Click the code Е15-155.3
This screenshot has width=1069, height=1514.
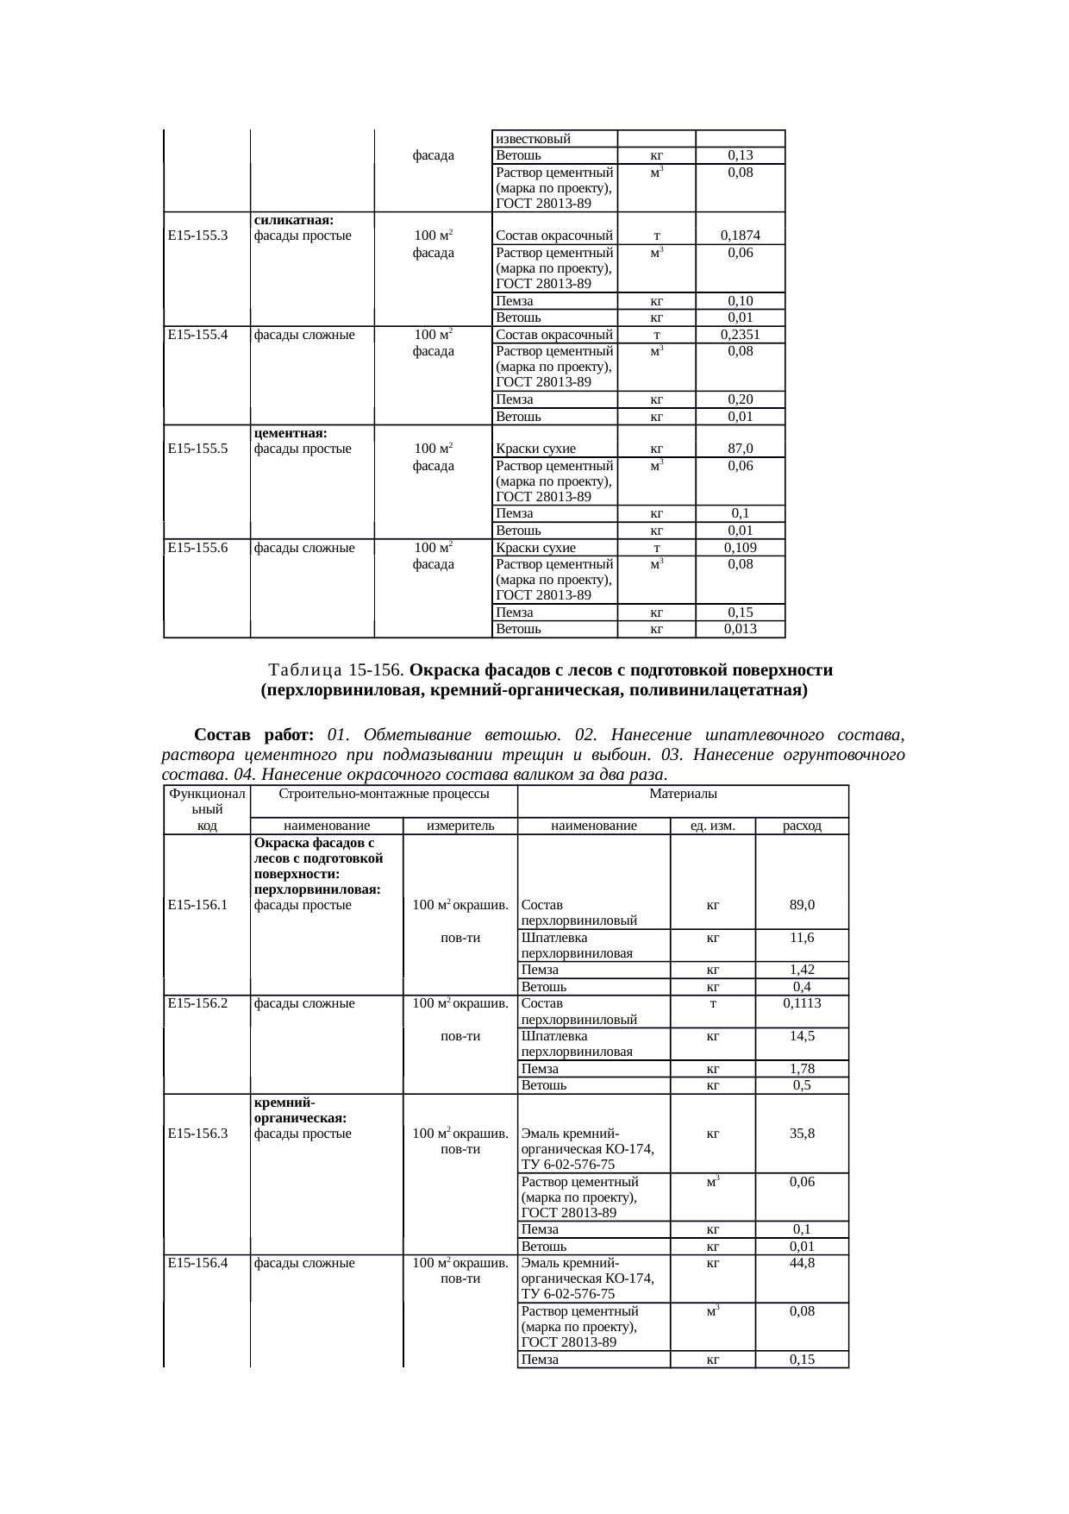coord(197,236)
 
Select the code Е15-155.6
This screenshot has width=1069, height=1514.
coord(197,548)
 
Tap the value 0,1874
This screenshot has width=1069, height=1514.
coord(740,236)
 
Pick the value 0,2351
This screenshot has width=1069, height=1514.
coord(740,335)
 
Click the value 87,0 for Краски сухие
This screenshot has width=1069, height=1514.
coord(740,449)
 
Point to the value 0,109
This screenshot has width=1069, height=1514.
coord(740,548)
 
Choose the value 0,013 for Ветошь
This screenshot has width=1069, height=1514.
coord(740,629)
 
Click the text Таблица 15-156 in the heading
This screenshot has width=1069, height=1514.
coord(337,670)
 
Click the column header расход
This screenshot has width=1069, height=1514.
coord(802,826)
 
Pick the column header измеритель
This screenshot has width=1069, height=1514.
coord(460,826)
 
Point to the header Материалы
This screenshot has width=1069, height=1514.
coord(683,794)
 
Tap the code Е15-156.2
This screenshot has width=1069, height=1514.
coord(197,1003)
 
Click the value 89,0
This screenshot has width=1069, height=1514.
coord(802,905)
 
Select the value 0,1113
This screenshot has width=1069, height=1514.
coord(802,1003)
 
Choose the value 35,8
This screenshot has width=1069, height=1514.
coord(802,1134)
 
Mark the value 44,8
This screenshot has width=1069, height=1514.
coord(802,1263)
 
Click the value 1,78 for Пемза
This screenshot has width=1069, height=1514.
coord(802,1069)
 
